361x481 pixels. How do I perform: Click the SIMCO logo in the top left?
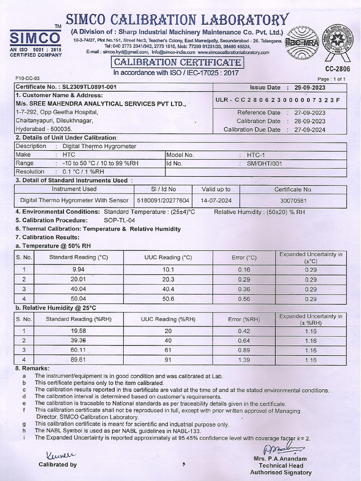click(x=35, y=37)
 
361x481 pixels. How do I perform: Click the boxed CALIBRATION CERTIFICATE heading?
click(x=177, y=62)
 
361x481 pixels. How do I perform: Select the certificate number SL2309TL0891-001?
click(x=89, y=87)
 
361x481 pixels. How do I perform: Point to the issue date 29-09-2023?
click(x=310, y=87)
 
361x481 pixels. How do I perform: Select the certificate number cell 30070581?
click(x=294, y=200)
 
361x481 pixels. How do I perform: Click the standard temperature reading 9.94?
click(x=78, y=270)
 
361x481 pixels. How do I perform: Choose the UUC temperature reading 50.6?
click(x=168, y=299)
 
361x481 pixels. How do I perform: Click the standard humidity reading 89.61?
click(x=78, y=360)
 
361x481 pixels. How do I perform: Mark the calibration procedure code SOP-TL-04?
click(x=119, y=220)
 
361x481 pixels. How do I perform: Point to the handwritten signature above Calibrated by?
click(x=58, y=455)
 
